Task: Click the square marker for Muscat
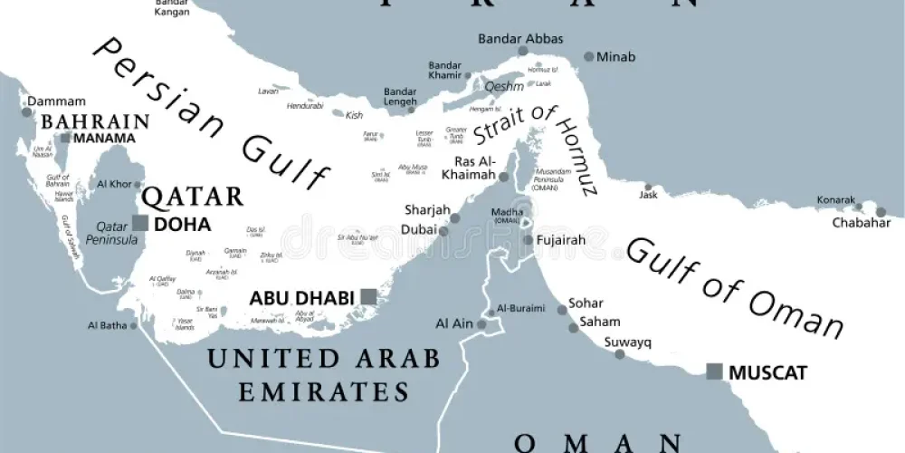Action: [714, 371]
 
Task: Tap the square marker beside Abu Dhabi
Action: [367, 296]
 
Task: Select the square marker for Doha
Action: [139, 223]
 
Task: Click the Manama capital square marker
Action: [65, 139]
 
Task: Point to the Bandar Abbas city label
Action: [520, 39]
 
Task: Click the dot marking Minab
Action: [589, 56]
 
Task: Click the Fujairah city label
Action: [561, 240]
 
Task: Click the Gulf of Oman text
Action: [733, 285]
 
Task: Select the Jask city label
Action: [647, 195]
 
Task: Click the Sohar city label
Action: [586, 304]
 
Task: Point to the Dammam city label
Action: [56, 101]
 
